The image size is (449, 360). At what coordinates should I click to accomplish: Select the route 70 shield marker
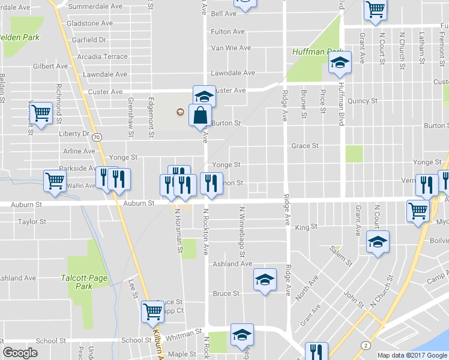pos(98,137)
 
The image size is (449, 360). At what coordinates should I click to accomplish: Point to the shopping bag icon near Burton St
pos(200,116)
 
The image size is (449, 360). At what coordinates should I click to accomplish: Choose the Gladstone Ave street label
pos(90,23)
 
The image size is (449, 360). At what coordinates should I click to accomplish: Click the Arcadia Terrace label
pos(106,56)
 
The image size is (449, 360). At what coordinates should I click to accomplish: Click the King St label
pos(306,227)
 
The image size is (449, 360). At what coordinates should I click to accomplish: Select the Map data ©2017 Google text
pos(412,355)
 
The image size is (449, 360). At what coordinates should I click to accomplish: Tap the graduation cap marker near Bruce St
pos(265,280)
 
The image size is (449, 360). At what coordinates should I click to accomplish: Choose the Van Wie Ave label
pos(231,48)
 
